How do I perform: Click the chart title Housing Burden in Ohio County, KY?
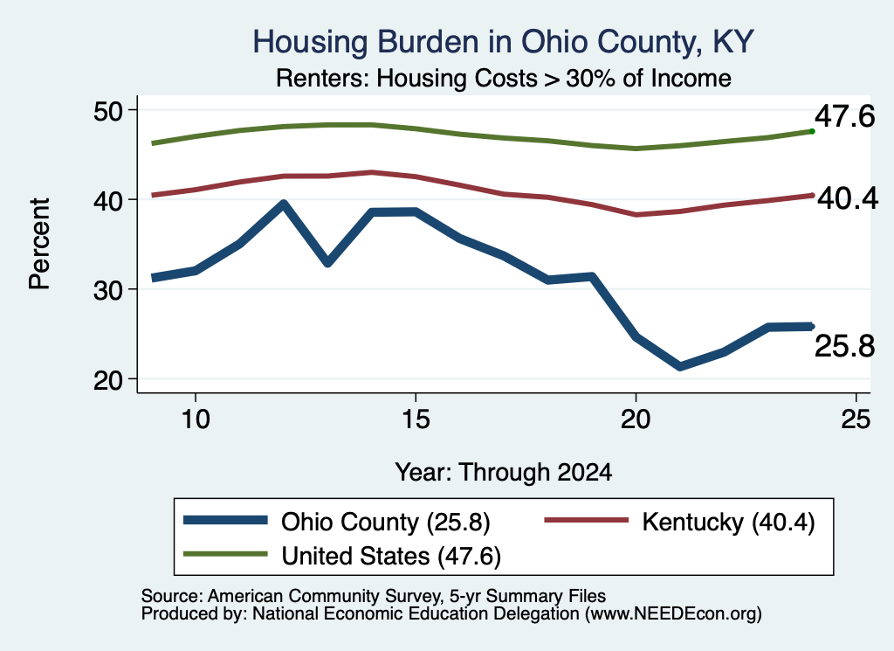coord(504,42)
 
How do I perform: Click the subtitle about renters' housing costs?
coord(504,78)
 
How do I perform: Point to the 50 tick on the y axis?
coord(108,110)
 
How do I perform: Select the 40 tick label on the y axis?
coord(108,200)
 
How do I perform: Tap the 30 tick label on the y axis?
coord(108,290)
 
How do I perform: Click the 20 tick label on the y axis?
coord(108,379)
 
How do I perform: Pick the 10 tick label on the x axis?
coord(196,419)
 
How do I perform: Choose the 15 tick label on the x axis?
coord(416,419)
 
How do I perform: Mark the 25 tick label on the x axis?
coord(856,419)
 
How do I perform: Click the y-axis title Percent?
coord(40,244)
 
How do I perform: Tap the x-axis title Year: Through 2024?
coord(504,473)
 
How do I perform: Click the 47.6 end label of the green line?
coord(844,116)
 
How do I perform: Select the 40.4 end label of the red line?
coord(848,198)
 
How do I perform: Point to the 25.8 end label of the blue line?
coord(844,346)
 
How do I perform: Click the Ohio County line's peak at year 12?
coord(284,204)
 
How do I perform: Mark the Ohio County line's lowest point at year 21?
coord(679,366)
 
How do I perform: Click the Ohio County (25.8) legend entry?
coord(337,522)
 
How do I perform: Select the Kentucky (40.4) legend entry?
coord(679,522)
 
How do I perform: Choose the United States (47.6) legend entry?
coord(342,556)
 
